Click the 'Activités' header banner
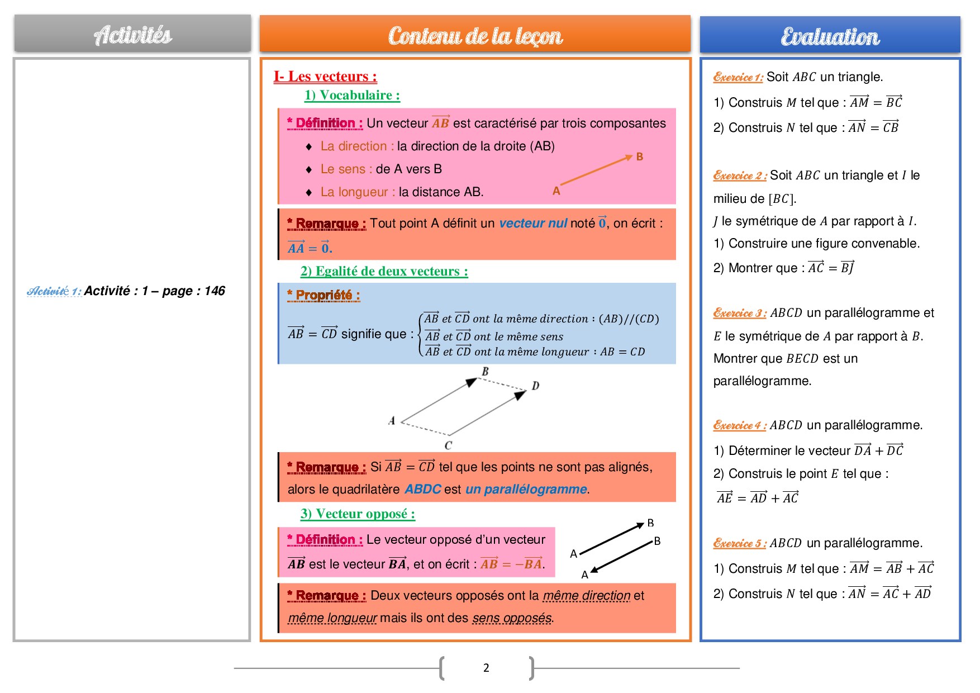(x=132, y=35)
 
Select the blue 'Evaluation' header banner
(x=830, y=36)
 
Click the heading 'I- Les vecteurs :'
(x=325, y=77)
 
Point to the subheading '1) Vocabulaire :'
(x=352, y=96)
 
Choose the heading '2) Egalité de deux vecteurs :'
(x=384, y=272)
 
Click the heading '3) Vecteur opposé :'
(x=358, y=514)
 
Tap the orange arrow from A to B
(x=596, y=170)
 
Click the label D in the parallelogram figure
(x=535, y=386)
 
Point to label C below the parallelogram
(x=448, y=445)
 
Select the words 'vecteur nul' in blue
(x=533, y=224)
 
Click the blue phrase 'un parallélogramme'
(x=526, y=490)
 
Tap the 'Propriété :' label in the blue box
(x=324, y=295)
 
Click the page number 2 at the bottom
(x=486, y=668)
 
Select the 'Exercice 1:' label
(x=738, y=78)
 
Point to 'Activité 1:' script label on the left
(x=54, y=291)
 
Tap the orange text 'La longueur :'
(x=358, y=192)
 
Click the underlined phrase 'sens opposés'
(x=512, y=618)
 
